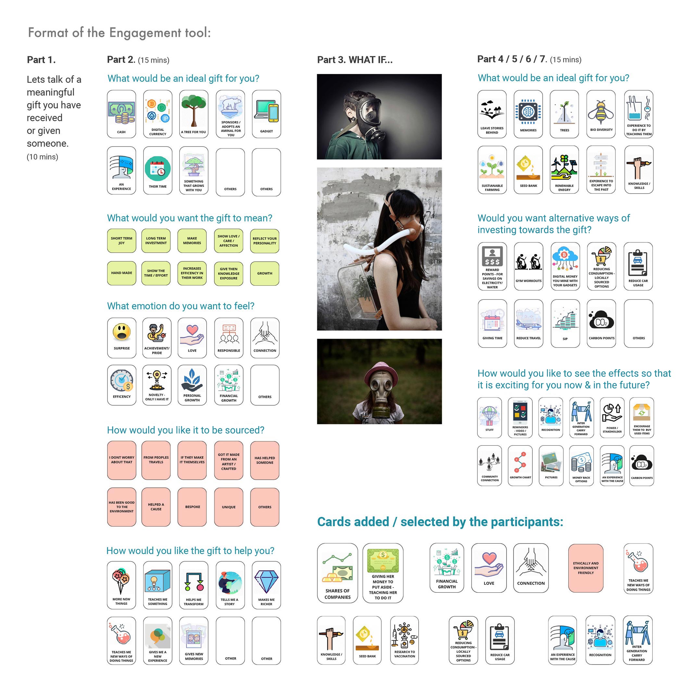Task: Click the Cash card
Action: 121,114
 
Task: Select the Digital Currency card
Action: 158,114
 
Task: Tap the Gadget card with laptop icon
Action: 267,114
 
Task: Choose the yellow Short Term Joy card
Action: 121,241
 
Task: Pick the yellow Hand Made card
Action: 121,273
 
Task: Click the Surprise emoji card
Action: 122,338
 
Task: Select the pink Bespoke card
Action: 192,507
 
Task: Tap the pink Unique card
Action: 229,507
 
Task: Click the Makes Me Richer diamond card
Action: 267,585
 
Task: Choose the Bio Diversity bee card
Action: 601,114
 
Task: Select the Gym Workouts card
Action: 528,267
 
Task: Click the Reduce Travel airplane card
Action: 528,324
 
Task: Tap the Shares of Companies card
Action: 337,573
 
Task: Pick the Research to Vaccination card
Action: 405,640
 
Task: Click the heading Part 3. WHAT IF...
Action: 355,60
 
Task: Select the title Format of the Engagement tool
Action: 119,32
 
